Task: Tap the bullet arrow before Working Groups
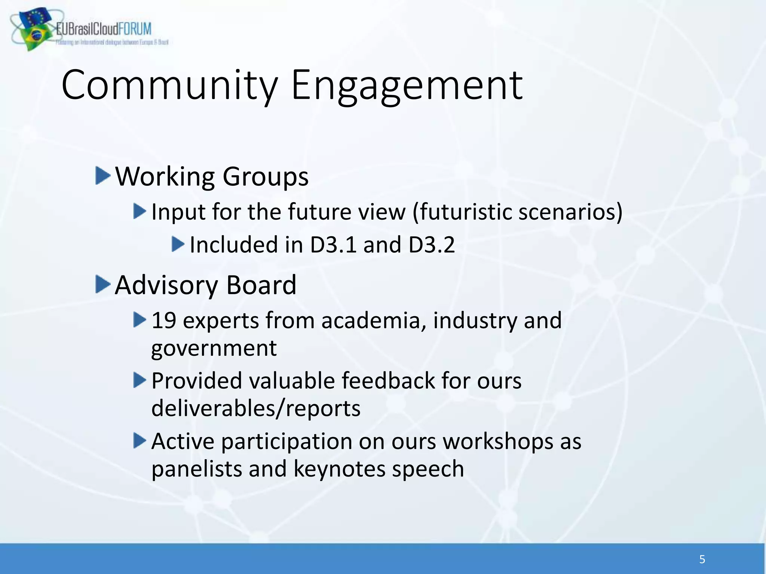pos(102,176)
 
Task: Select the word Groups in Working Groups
pos(266,176)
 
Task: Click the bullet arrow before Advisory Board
pos(102,284)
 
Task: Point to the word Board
pos(261,285)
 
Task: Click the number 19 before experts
pos(163,321)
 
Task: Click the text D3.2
pos(431,245)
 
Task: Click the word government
pos(214,349)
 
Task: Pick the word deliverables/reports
pos(256,408)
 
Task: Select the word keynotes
pos(339,469)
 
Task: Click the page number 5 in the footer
pos(702,559)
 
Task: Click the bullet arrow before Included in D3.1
pos(178,244)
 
